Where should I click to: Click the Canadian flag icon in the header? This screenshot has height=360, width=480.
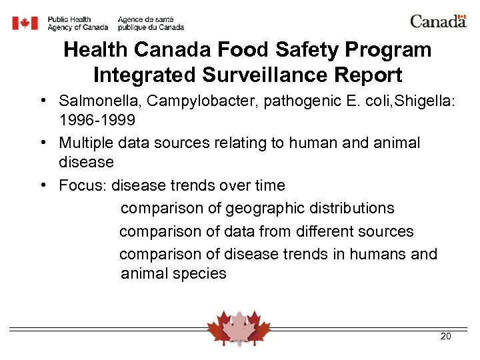coord(25,23)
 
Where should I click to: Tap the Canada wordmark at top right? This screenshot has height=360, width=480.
coord(438,21)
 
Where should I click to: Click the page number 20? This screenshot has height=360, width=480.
coord(446,336)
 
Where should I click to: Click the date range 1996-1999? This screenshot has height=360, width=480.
coord(97,120)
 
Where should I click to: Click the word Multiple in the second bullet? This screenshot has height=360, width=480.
coord(85,143)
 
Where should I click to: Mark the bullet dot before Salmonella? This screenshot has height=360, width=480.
coord(42,101)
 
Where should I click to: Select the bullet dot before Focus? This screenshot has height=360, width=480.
coord(42,185)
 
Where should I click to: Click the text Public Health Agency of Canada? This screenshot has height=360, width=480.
coord(77,23)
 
